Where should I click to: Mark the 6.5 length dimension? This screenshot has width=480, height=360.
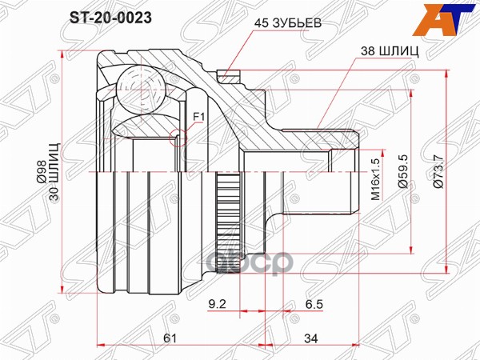[x=314, y=305]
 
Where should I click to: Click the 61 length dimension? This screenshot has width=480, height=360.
[x=170, y=338]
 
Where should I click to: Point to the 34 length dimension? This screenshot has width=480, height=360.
[x=309, y=338]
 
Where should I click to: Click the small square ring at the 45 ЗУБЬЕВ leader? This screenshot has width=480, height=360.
[x=227, y=78]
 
